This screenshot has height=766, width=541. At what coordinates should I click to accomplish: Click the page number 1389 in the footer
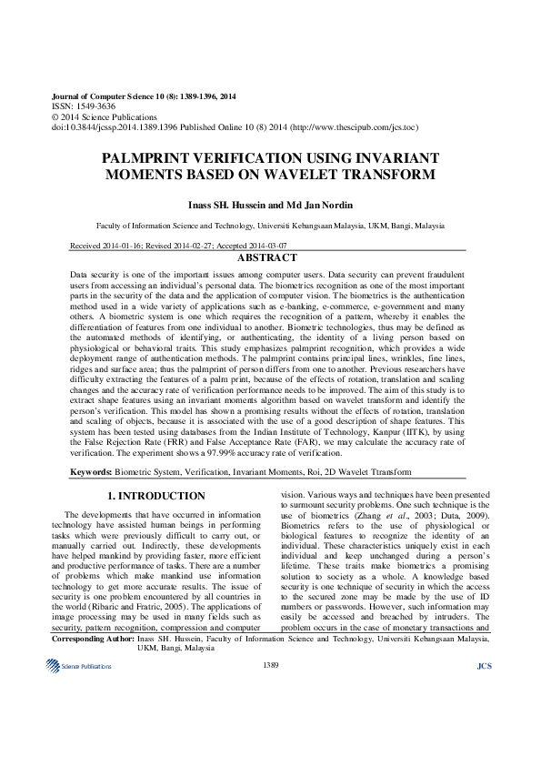pos(270,742)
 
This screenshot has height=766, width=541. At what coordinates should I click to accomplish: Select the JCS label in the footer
pos(483,742)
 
